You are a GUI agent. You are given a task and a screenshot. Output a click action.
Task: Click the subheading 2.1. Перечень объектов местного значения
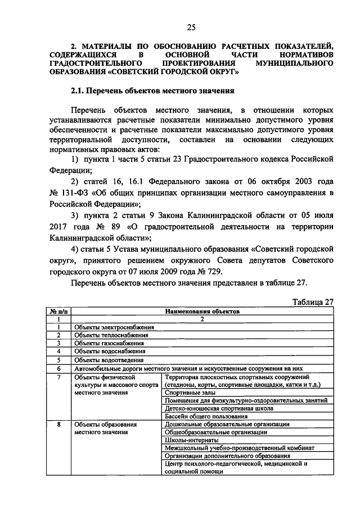[152, 90]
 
